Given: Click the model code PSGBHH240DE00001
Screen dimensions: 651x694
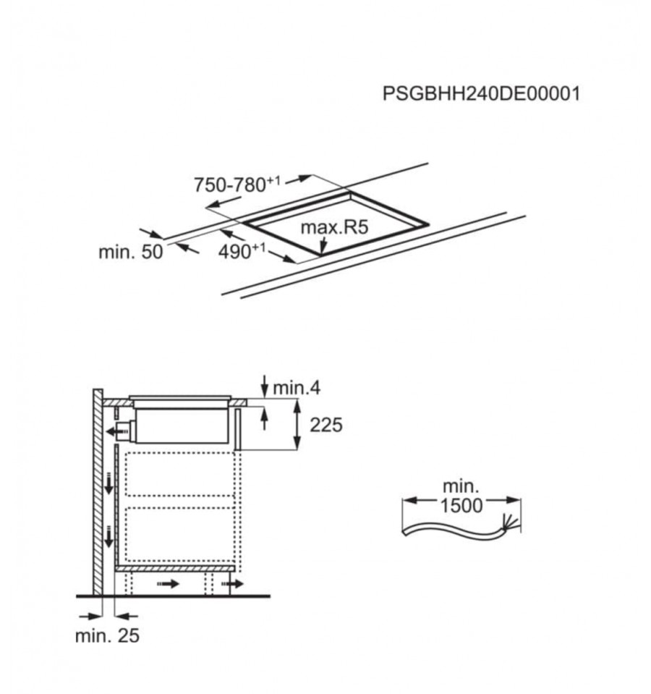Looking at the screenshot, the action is pyautogui.click(x=481, y=94).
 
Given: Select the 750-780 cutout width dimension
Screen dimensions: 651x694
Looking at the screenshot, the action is pyautogui.click(x=237, y=184).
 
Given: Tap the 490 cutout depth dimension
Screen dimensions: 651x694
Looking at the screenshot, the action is pyautogui.click(x=242, y=251).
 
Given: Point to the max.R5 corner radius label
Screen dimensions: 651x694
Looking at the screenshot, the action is pyautogui.click(x=334, y=227).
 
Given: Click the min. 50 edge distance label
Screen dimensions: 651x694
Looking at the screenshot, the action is pyautogui.click(x=131, y=253).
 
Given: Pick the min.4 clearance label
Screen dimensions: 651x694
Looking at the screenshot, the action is pyautogui.click(x=297, y=388).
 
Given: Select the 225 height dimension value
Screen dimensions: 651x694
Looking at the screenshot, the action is pyautogui.click(x=326, y=425).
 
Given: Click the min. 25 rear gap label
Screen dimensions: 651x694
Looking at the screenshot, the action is pyautogui.click(x=108, y=635).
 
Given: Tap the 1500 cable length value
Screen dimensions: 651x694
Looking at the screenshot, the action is pyautogui.click(x=461, y=505).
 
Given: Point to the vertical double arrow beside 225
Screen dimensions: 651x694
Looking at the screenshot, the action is pyautogui.click(x=297, y=424).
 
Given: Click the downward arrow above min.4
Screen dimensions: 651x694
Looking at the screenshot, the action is pyautogui.click(x=265, y=386).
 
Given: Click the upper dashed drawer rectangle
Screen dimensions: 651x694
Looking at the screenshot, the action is pyautogui.click(x=180, y=474).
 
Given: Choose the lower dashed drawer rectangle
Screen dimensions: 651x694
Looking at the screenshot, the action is pyautogui.click(x=180, y=534).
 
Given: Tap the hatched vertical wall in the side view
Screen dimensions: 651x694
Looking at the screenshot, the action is pyautogui.click(x=98, y=492).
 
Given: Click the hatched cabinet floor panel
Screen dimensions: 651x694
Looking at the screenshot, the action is pyautogui.click(x=175, y=568).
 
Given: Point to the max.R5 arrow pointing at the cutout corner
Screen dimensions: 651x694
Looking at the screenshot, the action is pyautogui.click(x=323, y=245).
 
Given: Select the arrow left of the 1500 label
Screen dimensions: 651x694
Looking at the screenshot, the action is pyautogui.click(x=420, y=501).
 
